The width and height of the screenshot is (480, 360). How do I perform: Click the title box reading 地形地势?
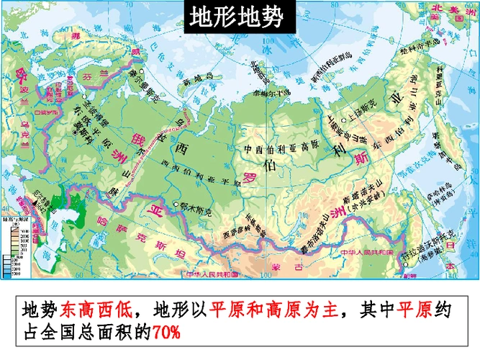point(237,18)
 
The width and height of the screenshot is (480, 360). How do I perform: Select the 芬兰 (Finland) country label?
point(92,72)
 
